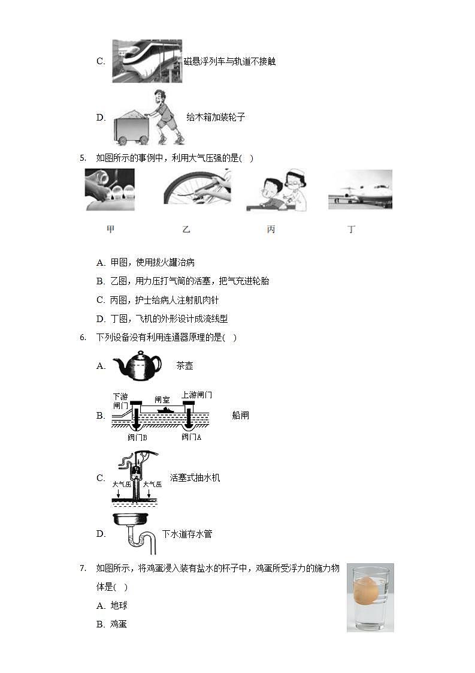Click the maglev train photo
tap(147, 61)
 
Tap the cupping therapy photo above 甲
tap(110, 190)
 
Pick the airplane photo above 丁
tap(360, 189)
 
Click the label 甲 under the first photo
tap(110, 229)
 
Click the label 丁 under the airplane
tap(352, 229)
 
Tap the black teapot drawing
tap(137, 366)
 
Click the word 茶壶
tap(184, 365)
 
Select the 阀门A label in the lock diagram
tap(191, 437)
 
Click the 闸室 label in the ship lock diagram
tap(162, 399)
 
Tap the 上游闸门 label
tap(196, 395)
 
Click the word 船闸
tap(240, 415)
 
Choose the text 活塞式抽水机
tap(195, 478)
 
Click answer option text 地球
tap(119, 606)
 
